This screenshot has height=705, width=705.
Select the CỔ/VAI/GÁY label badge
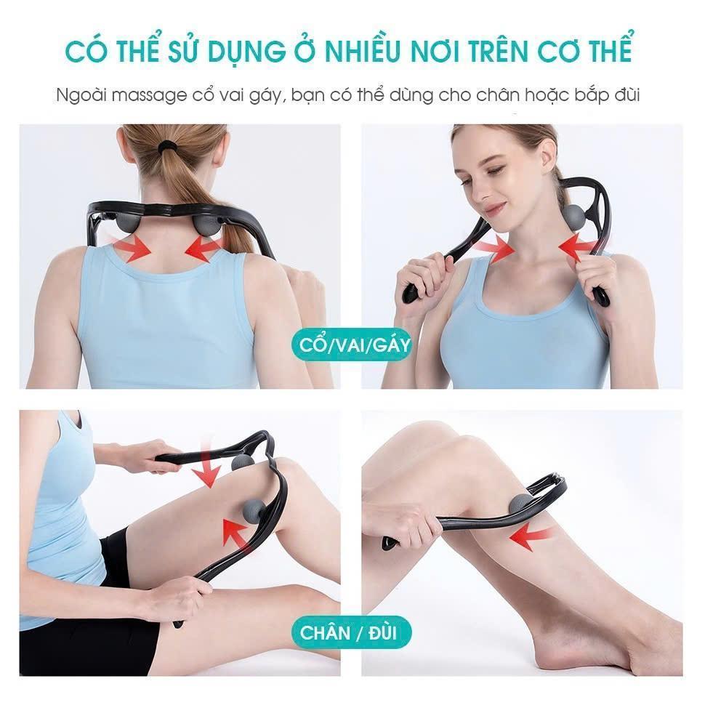tap(355, 345)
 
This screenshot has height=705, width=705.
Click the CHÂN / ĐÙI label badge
tap(351, 632)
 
